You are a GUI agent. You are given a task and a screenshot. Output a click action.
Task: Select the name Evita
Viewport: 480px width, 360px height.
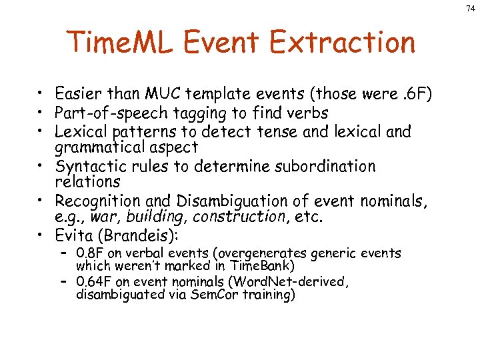(75, 235)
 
